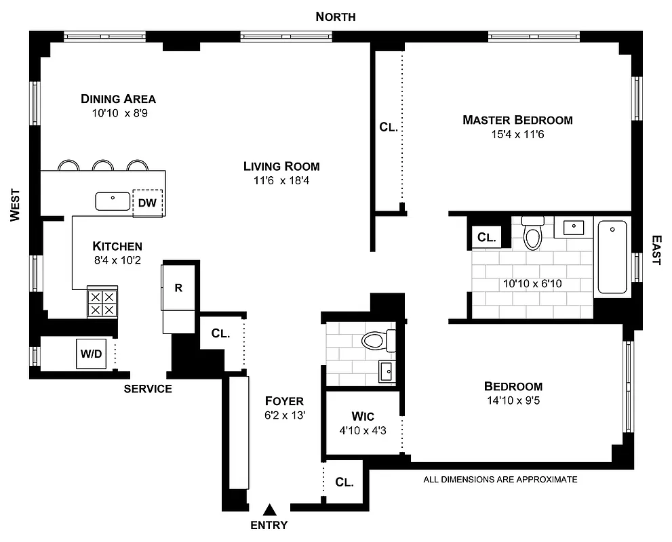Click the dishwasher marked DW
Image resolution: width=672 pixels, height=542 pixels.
coord(148,203)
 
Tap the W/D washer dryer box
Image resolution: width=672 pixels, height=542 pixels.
coord(90,354)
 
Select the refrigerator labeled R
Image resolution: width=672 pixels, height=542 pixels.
coord(178,287)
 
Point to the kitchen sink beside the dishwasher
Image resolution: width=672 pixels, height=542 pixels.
coord(113,201)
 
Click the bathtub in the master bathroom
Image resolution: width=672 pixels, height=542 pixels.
coord(612,256)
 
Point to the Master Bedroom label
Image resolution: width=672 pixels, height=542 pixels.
coord(517,120)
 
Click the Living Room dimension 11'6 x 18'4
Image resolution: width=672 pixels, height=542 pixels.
coord(281,180)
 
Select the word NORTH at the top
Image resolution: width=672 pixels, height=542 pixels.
coord(335,17)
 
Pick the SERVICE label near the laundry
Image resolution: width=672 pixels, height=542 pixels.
coord(148,389)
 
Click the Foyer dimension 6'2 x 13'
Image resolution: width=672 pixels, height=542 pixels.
coord(285,415)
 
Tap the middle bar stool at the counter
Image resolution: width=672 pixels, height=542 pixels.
coord(102,166)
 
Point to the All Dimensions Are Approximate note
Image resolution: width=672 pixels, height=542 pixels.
coord(500,480)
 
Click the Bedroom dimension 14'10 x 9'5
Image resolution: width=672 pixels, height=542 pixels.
coord(513,400)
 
